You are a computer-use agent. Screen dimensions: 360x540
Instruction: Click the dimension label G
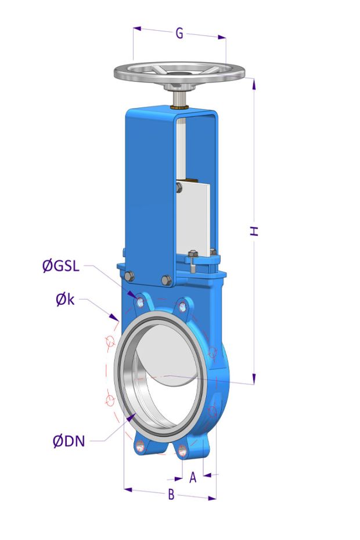pyautogui.click(x=179, y=34)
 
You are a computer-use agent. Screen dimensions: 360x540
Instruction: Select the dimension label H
pyautogui.click(x=254, y=231)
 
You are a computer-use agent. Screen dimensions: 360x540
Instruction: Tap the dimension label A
pyautogui.click(x=193, y=477)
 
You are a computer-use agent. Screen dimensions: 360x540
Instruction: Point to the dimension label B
pyautogui.click(x=171, y=495)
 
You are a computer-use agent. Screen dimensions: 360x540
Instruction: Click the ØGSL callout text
pyautogui.click(x=61, y=266)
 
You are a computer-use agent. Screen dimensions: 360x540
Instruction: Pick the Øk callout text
pyautogui.click(x=65, y=300)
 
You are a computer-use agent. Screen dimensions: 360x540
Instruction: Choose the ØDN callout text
pyautogui.click(x=69, y=441)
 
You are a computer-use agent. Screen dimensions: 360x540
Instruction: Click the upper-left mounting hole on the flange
pyautogui.click(x=140, y=303)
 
